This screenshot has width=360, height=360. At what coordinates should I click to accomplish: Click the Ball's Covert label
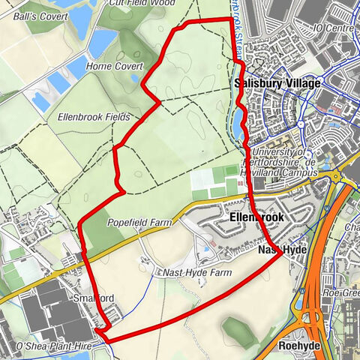[x=32, y=15]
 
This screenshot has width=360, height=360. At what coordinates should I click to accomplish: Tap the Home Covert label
[x=109, y=66]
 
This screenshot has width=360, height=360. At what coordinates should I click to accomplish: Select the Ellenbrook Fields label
[x=93, y=118]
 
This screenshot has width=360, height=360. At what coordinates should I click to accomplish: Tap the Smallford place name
[x=94, y=298]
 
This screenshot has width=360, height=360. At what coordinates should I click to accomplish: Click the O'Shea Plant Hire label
[x=47, y=346]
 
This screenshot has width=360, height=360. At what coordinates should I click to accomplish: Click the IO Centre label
[x=334, y=28]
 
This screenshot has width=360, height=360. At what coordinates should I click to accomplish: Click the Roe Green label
[x=342, y=293]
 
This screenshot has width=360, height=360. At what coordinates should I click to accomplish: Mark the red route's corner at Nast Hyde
[x=281, y=253]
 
